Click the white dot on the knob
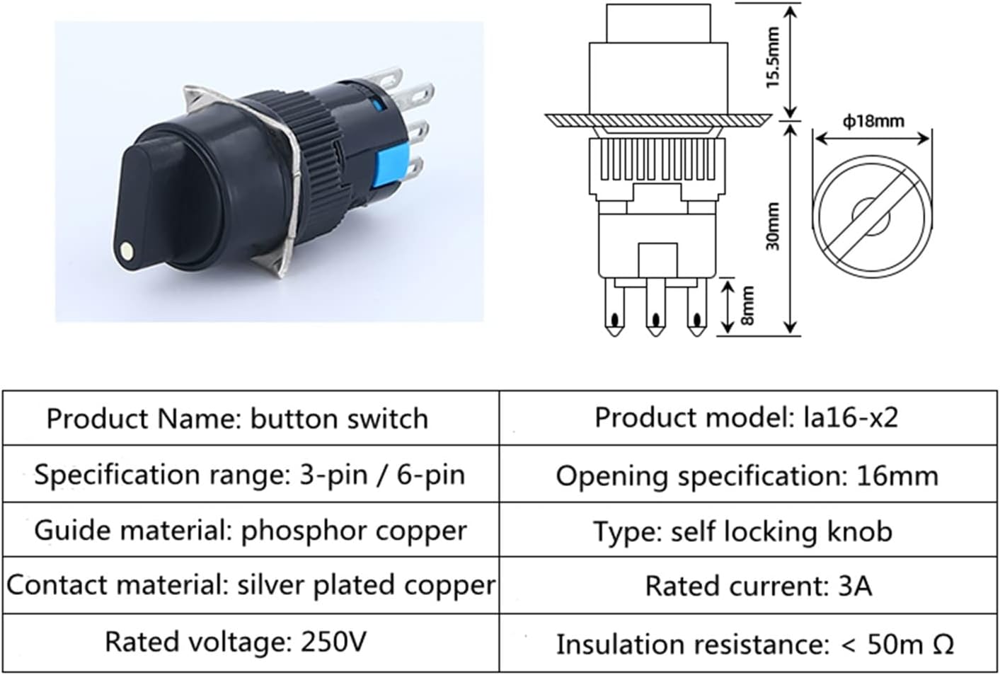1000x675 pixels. point(127,251)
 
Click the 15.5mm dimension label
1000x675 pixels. point(773,57)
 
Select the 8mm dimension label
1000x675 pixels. point(747,306)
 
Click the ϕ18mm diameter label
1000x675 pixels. point(873,121)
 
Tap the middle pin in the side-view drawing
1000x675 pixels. point(655,308)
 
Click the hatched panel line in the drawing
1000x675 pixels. point(658,120)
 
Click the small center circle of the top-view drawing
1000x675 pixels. point(871,216)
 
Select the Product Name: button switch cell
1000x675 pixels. point(251,418)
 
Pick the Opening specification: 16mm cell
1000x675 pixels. point(748,475)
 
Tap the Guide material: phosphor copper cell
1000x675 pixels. point(251,530)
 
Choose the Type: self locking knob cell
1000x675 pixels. point(748,531)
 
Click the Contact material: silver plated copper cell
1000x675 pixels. point(251,585)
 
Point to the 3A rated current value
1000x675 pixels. point(854,585)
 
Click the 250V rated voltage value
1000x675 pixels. point(333,642)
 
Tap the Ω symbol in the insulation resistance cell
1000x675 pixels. point(943,644)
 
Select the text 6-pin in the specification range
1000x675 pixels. point(430,475)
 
